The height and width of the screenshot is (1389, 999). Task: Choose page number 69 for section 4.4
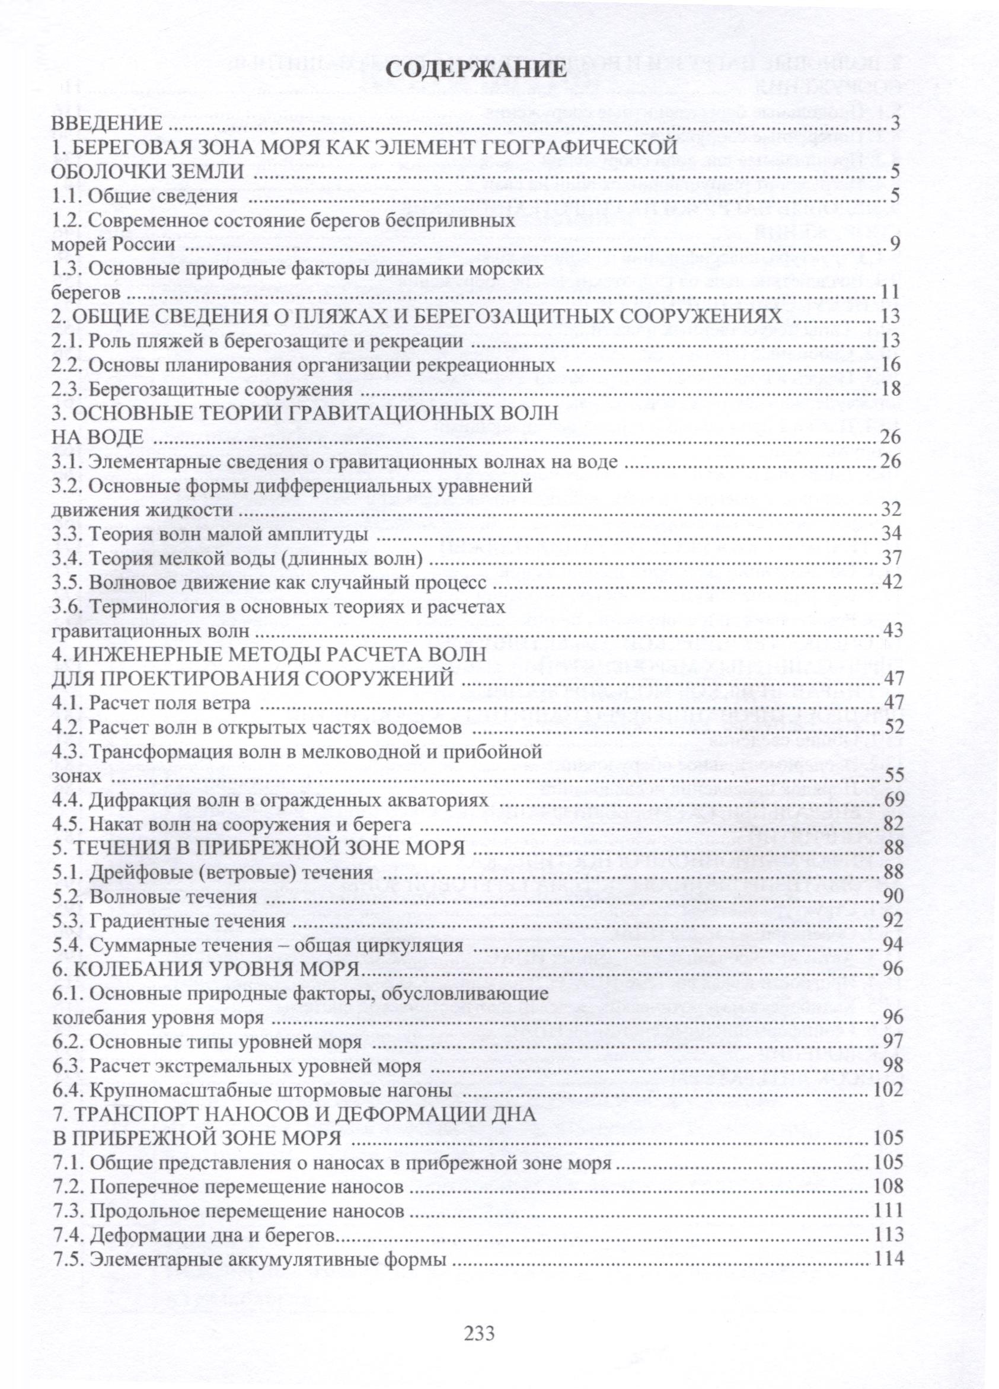tap(891, 800)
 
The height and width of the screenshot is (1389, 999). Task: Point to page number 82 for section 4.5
tap(891, 825)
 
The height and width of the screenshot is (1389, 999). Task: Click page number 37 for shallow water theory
tap(891, 558)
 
